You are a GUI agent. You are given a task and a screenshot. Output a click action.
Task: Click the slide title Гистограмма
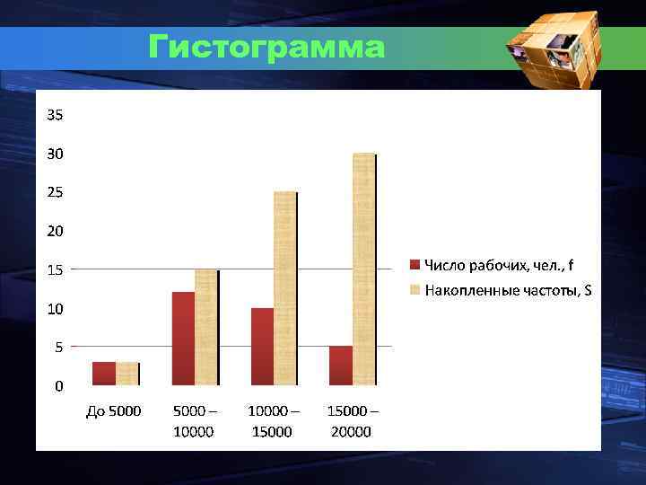266,47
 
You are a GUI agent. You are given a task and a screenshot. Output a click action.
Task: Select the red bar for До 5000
104,374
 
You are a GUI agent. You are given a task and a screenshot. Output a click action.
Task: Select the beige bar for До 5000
127,374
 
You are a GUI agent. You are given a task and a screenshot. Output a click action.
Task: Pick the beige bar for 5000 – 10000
206,327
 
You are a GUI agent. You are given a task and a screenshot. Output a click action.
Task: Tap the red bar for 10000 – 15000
262,347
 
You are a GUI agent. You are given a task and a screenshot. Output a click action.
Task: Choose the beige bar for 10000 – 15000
285,288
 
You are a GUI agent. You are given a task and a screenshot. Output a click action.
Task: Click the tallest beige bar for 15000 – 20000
363,269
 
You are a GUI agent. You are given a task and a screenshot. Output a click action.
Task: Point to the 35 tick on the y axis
56,115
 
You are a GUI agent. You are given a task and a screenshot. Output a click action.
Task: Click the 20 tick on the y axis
56,231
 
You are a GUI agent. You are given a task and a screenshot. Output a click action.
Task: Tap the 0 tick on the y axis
59,386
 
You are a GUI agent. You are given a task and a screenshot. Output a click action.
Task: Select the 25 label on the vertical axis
56,192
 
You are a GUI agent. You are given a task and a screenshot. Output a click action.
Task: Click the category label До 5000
114,411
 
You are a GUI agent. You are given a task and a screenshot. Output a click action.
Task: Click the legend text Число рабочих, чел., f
499,264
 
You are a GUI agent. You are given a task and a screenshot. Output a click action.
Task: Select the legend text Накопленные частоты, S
508,290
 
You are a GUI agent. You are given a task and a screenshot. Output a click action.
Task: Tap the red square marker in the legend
415,264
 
